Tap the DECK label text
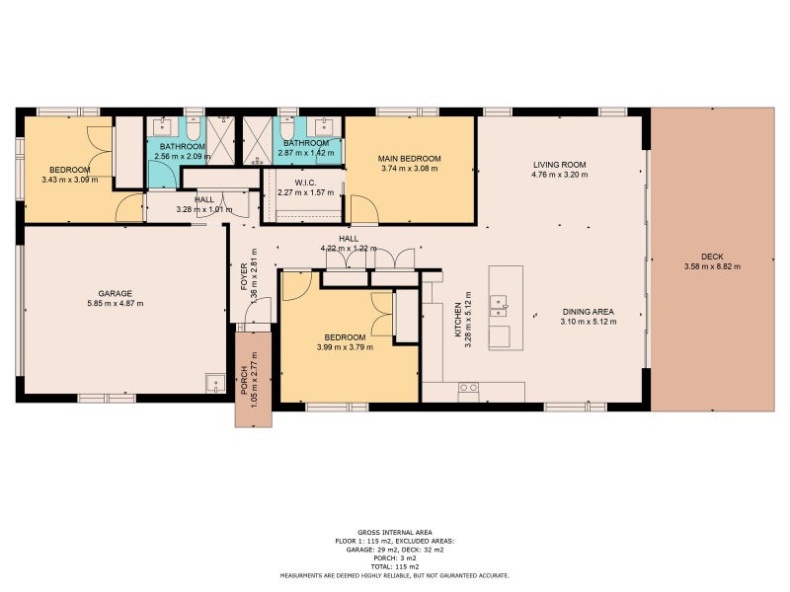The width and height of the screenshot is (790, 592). click(x=712, y=257)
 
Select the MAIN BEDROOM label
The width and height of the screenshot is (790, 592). click(x=409, y=159)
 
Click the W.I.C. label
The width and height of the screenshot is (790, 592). click(x=305, y=183)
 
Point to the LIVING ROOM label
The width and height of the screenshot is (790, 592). click(x=559, y=165)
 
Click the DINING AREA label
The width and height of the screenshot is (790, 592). click(x=588, y=312)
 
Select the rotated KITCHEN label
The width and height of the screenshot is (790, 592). click(x=458, y=320)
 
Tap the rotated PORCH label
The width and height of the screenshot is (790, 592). click(x=243, y=380)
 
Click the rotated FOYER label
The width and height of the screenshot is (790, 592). click(x=244, y=277)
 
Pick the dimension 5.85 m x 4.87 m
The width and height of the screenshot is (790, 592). click(x=115, y=304)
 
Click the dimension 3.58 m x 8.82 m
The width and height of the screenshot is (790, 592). click(x=712, y=266)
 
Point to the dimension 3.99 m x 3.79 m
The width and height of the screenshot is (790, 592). click(x=345, y=347)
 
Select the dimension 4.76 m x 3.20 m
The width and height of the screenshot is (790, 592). click(x=559, y=175)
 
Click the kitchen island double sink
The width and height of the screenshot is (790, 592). click(x=499, y=307)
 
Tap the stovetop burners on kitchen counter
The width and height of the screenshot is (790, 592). click(x=468, y=388)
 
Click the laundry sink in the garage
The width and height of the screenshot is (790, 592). click(x=215, y=384)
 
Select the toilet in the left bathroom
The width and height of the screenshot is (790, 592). click(x=193, y=128)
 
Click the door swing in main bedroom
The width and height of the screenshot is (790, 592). click(x=364, y=210)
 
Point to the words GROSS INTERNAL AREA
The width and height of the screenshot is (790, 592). click(x=394, y=533)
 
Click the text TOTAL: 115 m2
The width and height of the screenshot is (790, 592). click(x=394, y=566)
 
